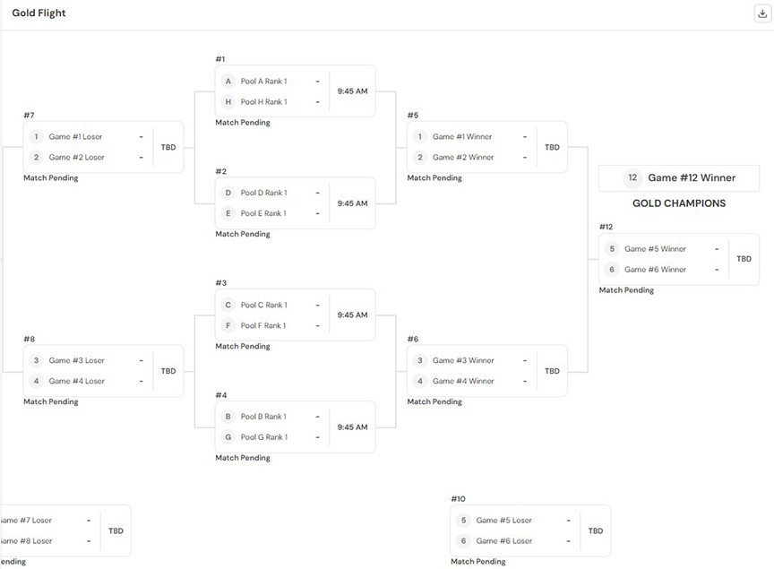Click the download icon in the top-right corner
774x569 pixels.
point(762,13)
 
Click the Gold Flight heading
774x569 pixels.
point(39,13)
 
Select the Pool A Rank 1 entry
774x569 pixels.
point(263,82)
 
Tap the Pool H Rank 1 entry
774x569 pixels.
point(263,102)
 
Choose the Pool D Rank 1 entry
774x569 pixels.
point(263,193)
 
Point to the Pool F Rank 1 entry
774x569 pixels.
point(263,326)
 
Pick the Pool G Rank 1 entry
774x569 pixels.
point(263,437)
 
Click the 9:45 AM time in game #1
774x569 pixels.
point(352,91)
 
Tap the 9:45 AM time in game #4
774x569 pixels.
point(352,427)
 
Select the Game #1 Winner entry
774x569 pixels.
point(462,137)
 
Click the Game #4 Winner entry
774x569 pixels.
point(462,381)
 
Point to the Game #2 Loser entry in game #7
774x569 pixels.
point(76,158)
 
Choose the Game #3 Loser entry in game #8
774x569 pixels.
point(76,360)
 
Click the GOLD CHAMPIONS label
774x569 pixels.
point(678,203)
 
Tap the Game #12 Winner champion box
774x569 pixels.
point(678,177)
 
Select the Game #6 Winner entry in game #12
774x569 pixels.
point(655,270)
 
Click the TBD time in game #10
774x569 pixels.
point(596,530)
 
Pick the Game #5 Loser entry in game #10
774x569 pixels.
point(503,520)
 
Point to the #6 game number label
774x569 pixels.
point(412,339)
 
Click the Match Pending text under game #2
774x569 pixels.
point(242,234)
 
